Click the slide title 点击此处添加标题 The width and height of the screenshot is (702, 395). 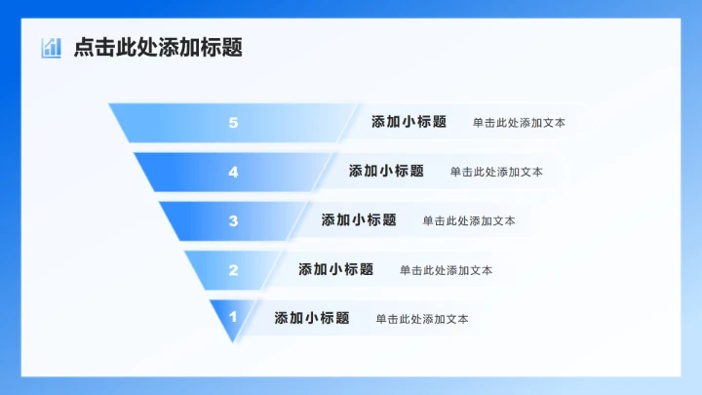(158, 48)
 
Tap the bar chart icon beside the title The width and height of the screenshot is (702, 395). (52, 48)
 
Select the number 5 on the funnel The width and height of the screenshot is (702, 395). (233, 123)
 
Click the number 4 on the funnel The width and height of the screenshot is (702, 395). (233, 172)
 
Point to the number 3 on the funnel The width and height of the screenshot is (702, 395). (233, 220)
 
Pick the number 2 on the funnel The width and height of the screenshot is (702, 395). (233, 270)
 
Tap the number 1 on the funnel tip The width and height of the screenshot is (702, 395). (233, 317)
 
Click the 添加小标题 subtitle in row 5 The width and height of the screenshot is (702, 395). (409, 123)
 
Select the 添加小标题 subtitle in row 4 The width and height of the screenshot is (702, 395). (386, 172)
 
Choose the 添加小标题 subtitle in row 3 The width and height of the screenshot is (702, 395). (359, 220)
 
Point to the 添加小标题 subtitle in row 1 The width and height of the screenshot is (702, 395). (312, 318)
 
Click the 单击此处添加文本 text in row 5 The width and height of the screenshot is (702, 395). (519, 124)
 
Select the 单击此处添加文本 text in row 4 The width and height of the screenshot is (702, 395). (496, 173)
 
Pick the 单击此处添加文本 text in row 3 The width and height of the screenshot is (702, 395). (469, 221)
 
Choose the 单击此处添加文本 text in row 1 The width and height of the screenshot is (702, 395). (422, 319)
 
